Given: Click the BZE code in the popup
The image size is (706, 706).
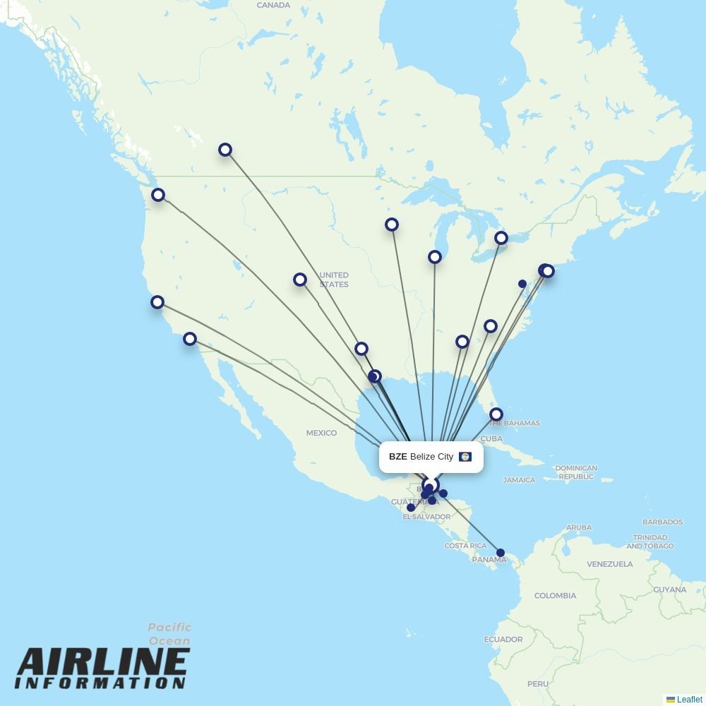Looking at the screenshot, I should [x=397, y=457].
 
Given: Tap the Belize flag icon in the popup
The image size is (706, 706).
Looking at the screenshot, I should [x=465, y=457].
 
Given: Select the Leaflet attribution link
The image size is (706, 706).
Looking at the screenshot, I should [x=689, y=700].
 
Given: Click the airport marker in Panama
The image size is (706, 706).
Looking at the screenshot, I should [x=501, y=553].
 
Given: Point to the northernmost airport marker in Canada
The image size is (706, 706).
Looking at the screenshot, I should [x=225, y=150].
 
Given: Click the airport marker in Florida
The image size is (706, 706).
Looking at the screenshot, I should [x=496, y=414].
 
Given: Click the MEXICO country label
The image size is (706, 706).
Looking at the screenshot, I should [x=321, y=433].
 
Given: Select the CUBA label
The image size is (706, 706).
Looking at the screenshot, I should [x=491, y=438].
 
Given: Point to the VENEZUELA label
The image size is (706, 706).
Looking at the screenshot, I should [x=609, y=564].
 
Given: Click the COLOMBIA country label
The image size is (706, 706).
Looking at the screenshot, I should [x=555, y=596].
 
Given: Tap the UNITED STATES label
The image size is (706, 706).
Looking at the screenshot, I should [x=333, y=280].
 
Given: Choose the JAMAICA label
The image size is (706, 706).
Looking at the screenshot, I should [x=519, y=480].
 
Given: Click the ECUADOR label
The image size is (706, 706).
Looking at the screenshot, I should [x=503, y=640].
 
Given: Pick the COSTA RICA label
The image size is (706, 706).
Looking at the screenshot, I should [x=465, y=546].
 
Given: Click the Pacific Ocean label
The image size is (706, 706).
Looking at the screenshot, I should [x=169, y=634].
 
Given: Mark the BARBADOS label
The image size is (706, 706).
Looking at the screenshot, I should [x=662, y=522].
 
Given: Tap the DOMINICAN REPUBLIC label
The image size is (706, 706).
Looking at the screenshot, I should [x=576, y=472].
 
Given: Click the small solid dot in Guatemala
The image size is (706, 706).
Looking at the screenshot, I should [x=411, y=508].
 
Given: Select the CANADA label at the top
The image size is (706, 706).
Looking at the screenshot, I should [x=273, y=5].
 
